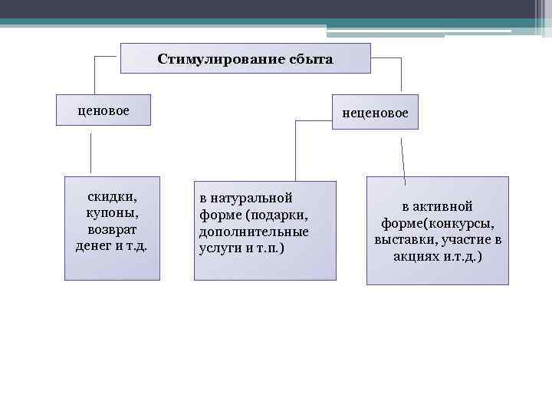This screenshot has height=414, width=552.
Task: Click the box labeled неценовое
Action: coord(375,113)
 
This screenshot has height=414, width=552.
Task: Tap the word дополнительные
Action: coord(254,232)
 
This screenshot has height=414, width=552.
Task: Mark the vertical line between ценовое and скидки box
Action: coord(91,153)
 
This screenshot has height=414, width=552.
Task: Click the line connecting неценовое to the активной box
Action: coord(404,157)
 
